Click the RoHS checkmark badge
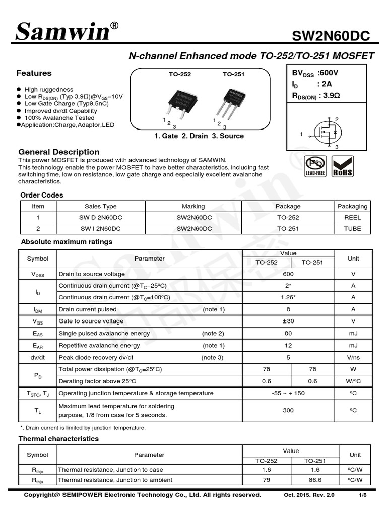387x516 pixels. [342, 166]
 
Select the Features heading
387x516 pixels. [34, 73]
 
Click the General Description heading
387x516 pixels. [59, 152]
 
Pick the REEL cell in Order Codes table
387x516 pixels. [353, 217]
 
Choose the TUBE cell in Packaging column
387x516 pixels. [353, 228]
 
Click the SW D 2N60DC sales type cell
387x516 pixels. [101, 217]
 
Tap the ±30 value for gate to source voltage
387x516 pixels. [288, 321]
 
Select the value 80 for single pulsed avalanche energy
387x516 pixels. [288, 333]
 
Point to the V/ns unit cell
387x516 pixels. [353, 357]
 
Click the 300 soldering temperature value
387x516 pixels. [288, 410]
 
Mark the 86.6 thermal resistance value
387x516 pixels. [315, 480]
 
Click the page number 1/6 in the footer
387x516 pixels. [362, 495]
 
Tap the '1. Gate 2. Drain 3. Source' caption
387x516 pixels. [199, 136]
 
